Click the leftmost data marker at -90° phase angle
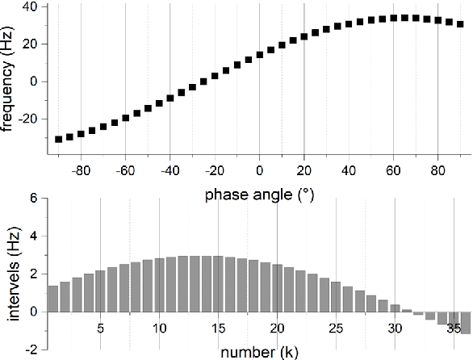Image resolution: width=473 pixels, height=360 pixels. (x=58, y=139)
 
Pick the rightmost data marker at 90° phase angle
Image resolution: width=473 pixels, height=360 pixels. (x=460, y=24)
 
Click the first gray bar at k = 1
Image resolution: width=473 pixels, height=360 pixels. (x=53, y=299)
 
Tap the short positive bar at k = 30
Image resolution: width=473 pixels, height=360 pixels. (x=395, y=308)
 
